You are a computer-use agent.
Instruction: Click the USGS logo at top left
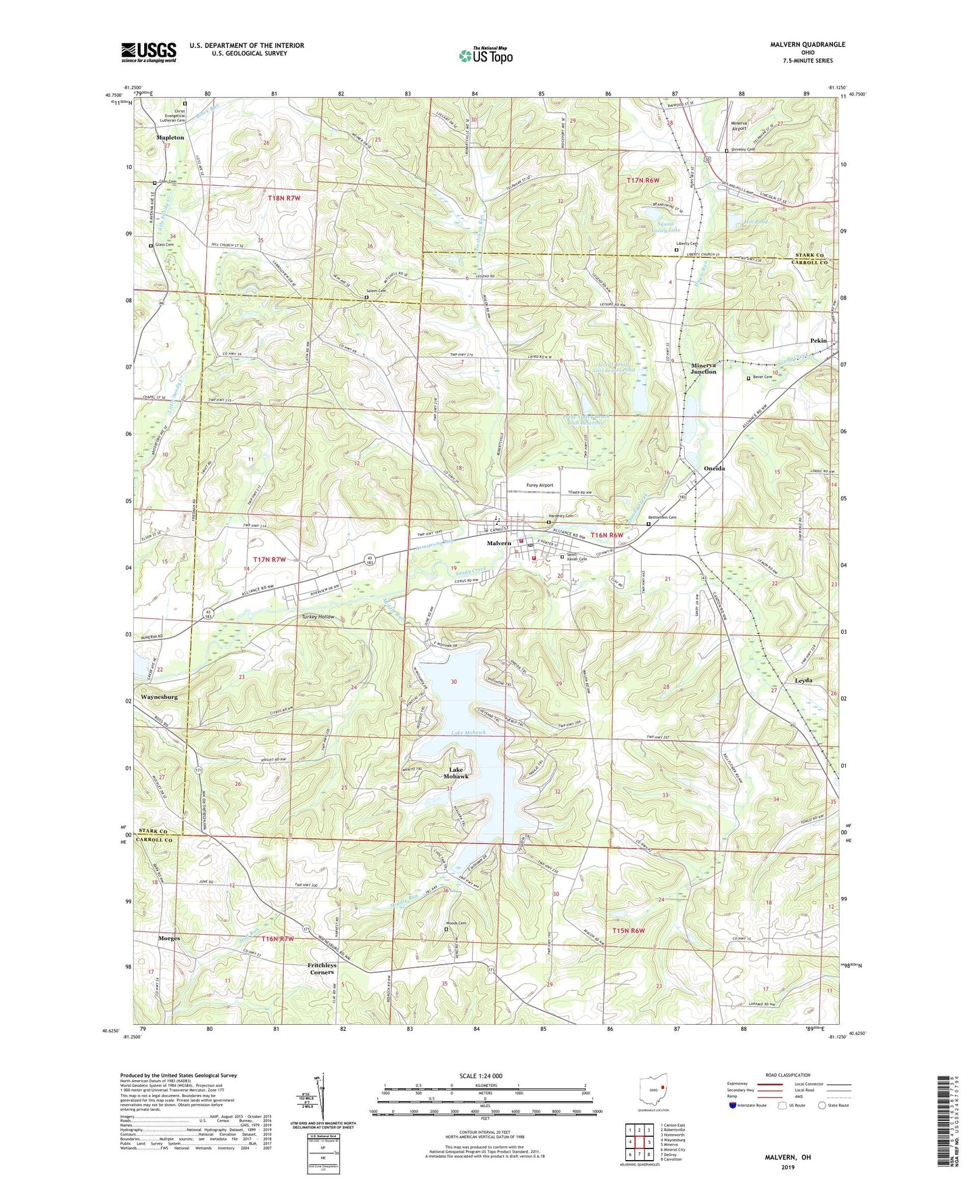(x=149, y=51)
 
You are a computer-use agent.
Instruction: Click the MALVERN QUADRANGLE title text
(x=807, y=45)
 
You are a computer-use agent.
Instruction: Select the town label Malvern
(x=498, y=544)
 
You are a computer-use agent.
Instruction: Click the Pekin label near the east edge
(x=818, y=341)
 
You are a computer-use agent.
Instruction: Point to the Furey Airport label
(x=540, y=485)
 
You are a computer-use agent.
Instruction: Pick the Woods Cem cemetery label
(x=456, y=923)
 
